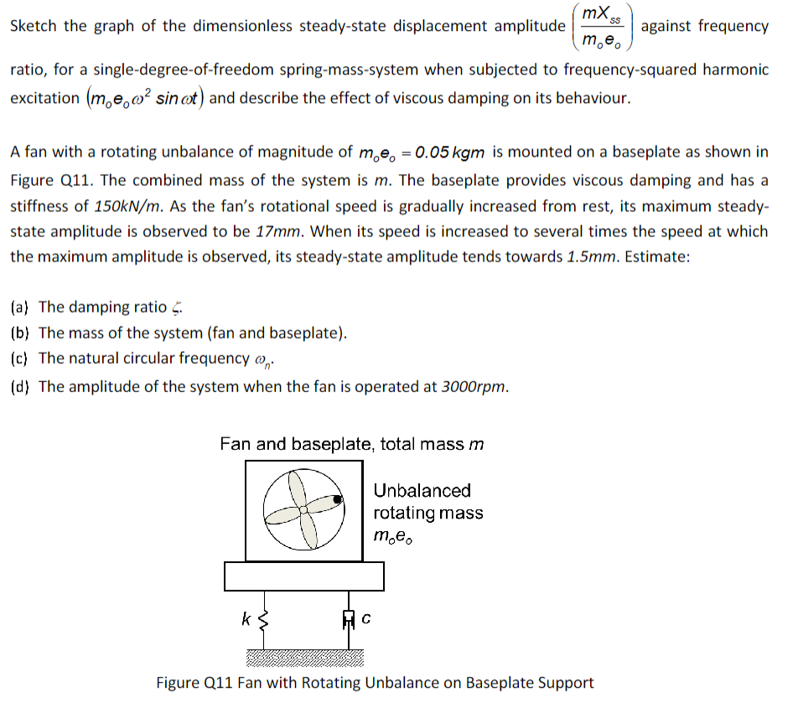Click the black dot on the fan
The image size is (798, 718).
[x=337, y=499]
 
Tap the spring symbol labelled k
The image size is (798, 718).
[x=265, y=622]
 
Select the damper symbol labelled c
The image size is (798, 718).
[x=347, y=622]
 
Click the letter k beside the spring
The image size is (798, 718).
[x=245, y=620]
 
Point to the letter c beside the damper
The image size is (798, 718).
[x=366, y=621]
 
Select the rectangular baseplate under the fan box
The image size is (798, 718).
[x=303, y=576]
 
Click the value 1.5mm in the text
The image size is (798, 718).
[x=589, y=257]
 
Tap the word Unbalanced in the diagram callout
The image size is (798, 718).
[x=422, y=490]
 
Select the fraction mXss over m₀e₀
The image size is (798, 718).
[x=601, y=26]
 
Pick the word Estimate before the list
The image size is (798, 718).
[x=655, y=257]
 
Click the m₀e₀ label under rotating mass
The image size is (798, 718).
[x=394, y=536]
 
